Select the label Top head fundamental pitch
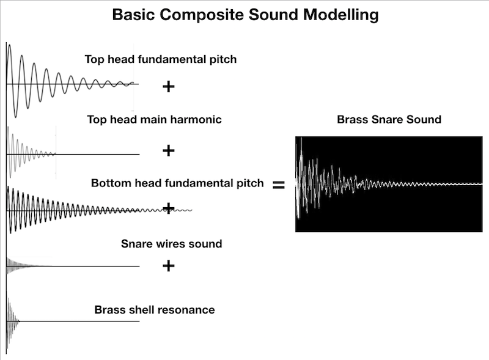(160, 60)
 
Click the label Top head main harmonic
(154, 120)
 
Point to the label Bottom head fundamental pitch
(177, 183)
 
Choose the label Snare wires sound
(171, 244)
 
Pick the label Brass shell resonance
(155, 310)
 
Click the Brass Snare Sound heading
(389, 119)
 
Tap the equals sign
(278, 185)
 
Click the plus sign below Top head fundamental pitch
(169, 87)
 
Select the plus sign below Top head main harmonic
(168, 150)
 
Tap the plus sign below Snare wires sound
(169, 266)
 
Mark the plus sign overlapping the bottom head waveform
(169, 207)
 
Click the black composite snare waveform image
(388, 183)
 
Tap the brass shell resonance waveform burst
(12, 321)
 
